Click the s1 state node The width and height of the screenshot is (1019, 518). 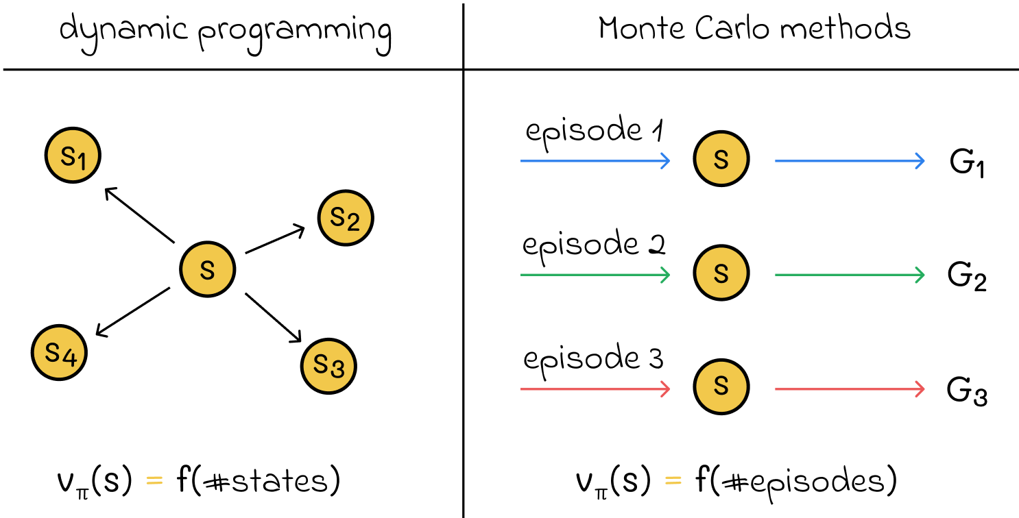(73, 157)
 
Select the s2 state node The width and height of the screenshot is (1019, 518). (345, 218)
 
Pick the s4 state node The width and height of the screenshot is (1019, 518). (59, 353)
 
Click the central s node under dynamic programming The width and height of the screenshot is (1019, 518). (207, 270)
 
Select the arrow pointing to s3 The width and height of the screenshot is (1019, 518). (274, 317)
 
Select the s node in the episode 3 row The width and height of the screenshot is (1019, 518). (721, 388)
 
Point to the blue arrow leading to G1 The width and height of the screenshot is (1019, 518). (850, 161)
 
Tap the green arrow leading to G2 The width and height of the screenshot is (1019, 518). (850, 275)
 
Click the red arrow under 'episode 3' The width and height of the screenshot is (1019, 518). (595, 389)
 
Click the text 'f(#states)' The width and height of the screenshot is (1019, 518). (258, 481)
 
